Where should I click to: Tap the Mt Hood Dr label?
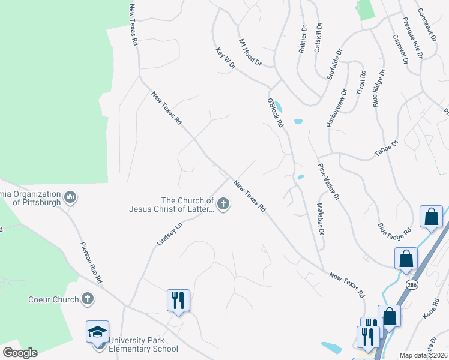(x=251, y=52)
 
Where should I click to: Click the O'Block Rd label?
(x=275, y=113)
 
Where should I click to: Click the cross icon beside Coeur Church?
(x=88, y=299)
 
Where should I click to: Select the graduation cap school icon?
(x=97, y=332)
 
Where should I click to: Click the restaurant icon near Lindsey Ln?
(x=178, y=299)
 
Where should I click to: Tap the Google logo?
(x=19, y=353)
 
